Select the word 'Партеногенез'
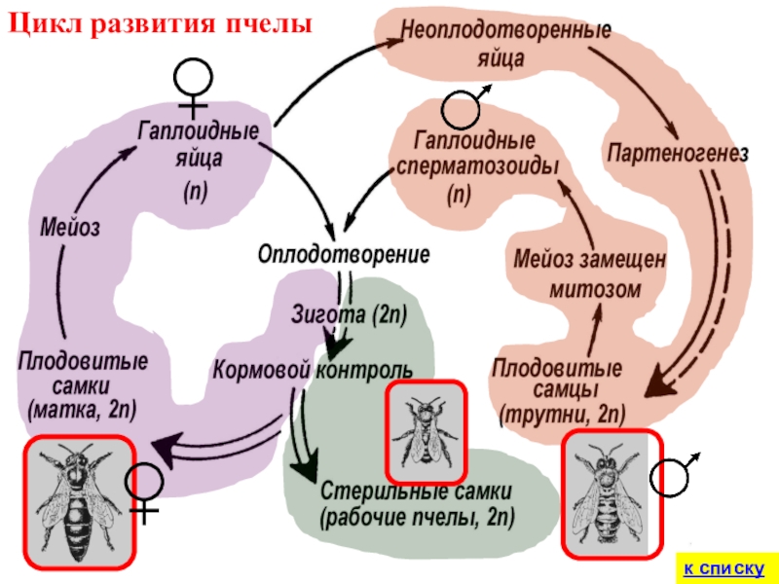click(x=677, y=154)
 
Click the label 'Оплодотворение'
click(x=344, y=255)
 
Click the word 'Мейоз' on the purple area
click(x=70, y=229)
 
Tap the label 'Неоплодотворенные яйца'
click(x=501, y=43)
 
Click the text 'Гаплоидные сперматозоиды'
click(x=477, y=154)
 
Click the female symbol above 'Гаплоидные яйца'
click(x=194, y=82)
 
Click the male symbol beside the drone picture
click(x=673, y=476)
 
